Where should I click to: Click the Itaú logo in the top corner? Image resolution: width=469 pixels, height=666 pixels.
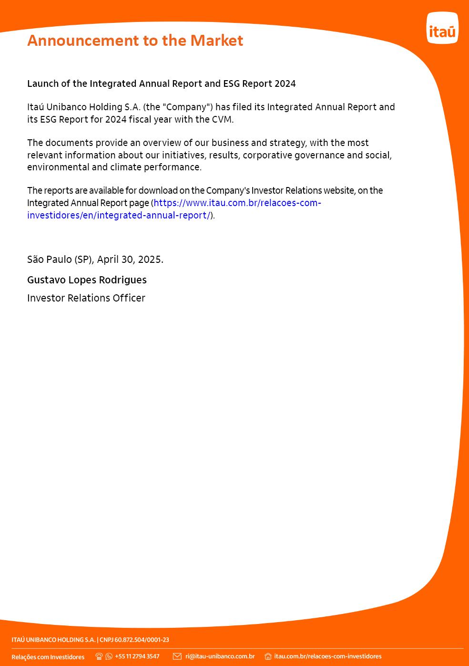442,28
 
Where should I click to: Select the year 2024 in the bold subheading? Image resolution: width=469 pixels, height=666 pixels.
285,84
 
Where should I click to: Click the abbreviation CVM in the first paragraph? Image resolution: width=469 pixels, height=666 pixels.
222,120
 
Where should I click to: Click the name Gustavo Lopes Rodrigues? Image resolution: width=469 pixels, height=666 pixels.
87,280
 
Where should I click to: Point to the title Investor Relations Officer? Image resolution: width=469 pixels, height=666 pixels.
86,298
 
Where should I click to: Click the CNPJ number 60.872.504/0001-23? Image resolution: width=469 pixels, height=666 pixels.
142,640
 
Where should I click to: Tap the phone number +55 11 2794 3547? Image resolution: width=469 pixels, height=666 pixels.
137,656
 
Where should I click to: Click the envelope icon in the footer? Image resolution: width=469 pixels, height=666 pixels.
177,656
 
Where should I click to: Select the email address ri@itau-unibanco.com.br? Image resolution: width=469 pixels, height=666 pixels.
220,656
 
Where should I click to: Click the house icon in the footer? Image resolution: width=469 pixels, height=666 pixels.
268,656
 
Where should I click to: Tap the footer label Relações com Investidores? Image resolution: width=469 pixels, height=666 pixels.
48,657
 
